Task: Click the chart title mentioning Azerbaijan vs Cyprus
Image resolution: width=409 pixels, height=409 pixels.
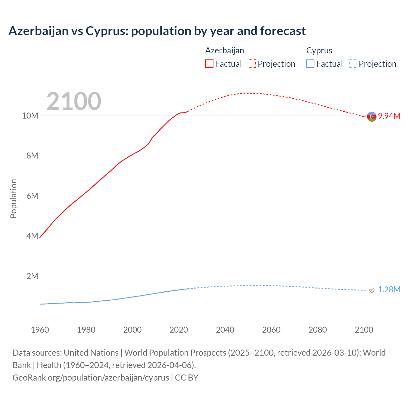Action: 157,31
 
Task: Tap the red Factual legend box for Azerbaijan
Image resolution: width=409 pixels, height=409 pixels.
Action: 209,64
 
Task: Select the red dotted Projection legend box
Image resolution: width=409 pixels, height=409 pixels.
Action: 252,64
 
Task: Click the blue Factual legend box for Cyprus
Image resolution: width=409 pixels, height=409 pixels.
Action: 310,64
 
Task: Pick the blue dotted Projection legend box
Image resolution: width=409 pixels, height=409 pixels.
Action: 353,64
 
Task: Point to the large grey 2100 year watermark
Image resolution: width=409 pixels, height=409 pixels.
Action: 74,101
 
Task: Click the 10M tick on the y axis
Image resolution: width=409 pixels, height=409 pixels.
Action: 30,116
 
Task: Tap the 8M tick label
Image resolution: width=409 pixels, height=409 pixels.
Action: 32,156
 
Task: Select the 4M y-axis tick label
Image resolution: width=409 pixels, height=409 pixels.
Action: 32,236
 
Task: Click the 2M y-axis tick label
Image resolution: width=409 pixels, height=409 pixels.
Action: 32,276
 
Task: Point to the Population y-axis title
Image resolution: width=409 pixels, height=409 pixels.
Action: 13,198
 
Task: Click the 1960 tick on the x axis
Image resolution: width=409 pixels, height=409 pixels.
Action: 40,330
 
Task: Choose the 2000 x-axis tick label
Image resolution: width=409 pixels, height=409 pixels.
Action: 132,330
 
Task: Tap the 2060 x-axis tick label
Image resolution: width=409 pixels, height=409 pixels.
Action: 271,330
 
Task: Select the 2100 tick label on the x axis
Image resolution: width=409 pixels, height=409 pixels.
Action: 364,330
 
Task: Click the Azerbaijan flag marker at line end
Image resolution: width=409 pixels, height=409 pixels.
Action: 372,117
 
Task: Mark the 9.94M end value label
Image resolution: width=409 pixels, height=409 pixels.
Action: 389,116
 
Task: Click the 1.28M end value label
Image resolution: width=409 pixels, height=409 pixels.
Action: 389,289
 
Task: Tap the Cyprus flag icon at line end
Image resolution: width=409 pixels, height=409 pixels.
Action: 372,290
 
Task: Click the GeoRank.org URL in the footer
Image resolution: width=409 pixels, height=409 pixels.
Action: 91,378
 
